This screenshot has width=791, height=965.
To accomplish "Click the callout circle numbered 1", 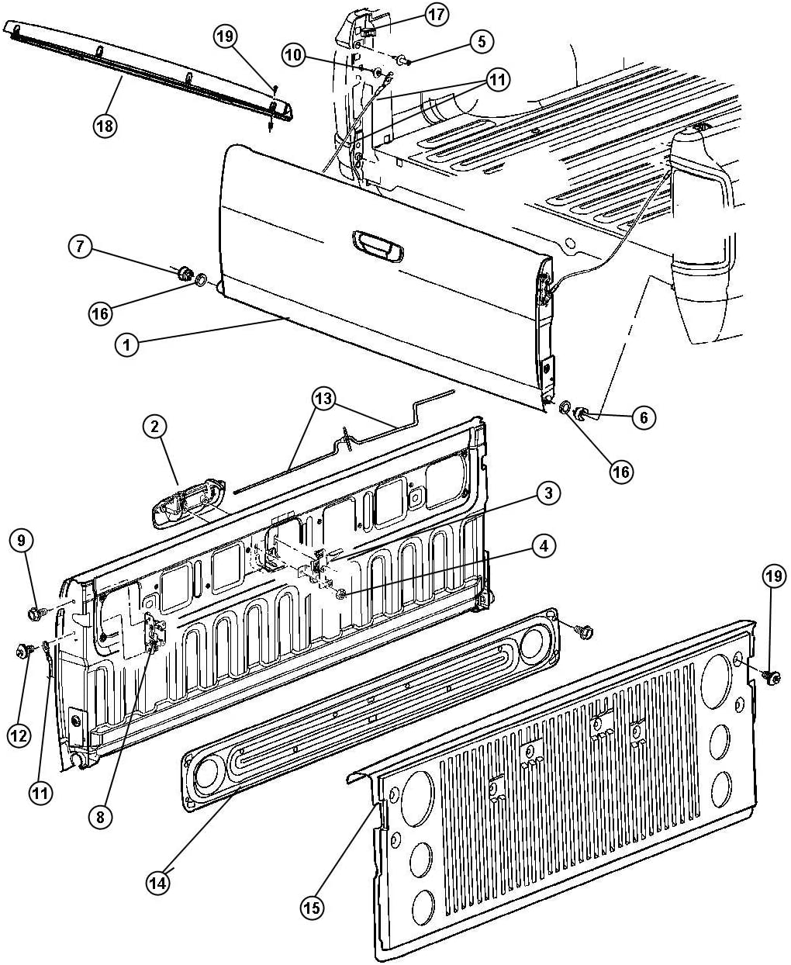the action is (x=126, y=344).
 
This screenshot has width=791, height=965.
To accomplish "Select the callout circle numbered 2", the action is (x=154, y=427).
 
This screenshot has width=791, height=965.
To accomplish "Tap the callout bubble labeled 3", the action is (x=547, y=493).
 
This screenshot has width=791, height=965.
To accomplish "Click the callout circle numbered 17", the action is (x=436, y=15).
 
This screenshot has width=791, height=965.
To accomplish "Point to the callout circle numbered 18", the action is (x=105, y=126).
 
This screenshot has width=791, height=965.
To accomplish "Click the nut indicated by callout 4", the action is (x=340, y=594).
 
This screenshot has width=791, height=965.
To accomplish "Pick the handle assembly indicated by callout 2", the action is (x=188, y=503).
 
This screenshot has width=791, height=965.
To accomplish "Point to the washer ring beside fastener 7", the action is (x=200, y=278).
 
